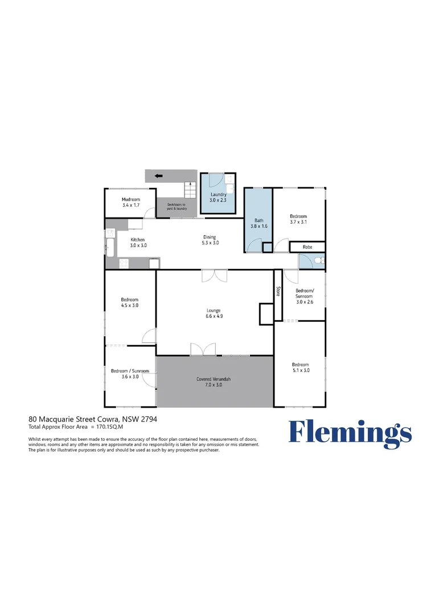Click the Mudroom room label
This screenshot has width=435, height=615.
[x=131, y=199]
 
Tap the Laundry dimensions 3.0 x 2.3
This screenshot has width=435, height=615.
[x=217, y=200]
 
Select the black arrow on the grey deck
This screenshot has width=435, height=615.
[x=158, y=176]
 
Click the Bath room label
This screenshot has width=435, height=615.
[x=259, y=220]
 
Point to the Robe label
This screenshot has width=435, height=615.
[x=307, y=247]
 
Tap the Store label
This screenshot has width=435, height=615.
[x=278, y=291]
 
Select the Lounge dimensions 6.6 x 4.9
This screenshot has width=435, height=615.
[x=214, y=316]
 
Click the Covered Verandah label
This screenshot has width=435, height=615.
[x=214, y=379]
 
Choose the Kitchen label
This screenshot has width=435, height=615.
[x=138, y=240]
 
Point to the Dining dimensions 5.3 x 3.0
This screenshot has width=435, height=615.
[x=210, y=243]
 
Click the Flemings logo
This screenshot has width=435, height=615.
[x=350, y=434]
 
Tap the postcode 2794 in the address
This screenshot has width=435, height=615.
[x=149, y=419]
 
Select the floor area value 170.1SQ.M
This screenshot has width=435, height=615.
[x=109, y=427]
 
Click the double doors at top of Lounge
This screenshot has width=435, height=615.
[x=214, y=276]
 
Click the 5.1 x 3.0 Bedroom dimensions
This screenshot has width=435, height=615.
[x=301, y=370]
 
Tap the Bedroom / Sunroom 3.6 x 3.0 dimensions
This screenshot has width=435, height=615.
[x=130, y=377]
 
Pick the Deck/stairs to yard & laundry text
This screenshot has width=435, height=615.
[x=177, y=207]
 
